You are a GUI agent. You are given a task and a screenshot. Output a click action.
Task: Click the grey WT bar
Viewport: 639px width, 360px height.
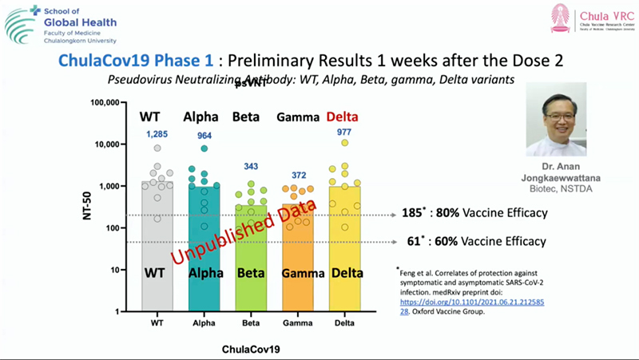click(157, 255)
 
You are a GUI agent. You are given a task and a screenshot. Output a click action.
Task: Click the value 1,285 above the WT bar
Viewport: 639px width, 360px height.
click(157, 133)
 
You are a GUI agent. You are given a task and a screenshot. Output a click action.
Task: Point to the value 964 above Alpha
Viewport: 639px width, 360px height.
click(204, 136)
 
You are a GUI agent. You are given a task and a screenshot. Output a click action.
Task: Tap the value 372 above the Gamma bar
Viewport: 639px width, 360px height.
click(298, 176)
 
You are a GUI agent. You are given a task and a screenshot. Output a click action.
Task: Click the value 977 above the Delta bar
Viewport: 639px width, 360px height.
click(344, 133)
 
